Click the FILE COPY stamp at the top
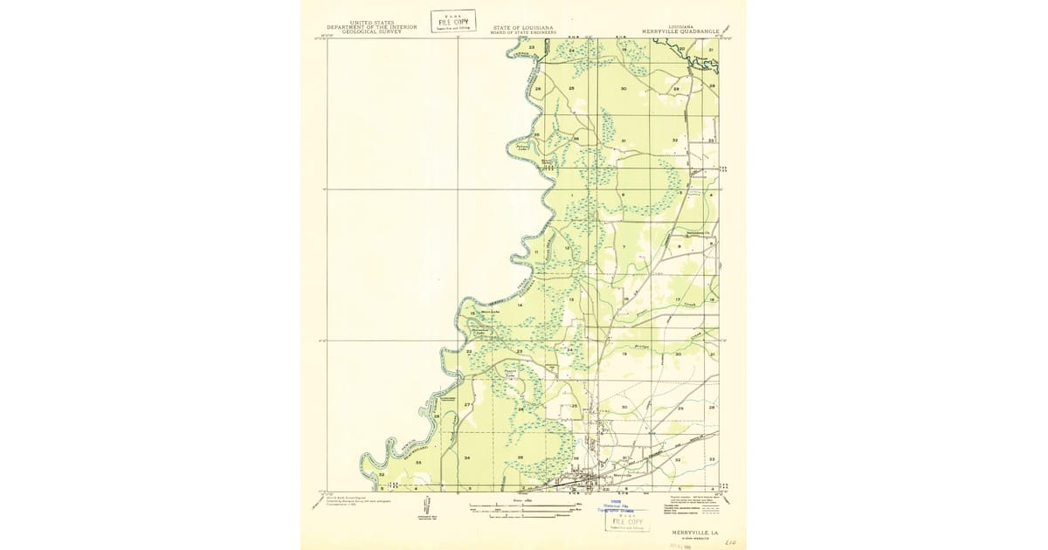[x=452, y=21]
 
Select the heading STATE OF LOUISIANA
[x=522, y=27]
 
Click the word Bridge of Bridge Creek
[x=641, y=346]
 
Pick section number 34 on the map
[x=467, y=458]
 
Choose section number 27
[x=467, y=405]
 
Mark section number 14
[x=520, y=306]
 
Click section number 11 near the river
[x=524, y=252]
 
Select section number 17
[x=678, y=300]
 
